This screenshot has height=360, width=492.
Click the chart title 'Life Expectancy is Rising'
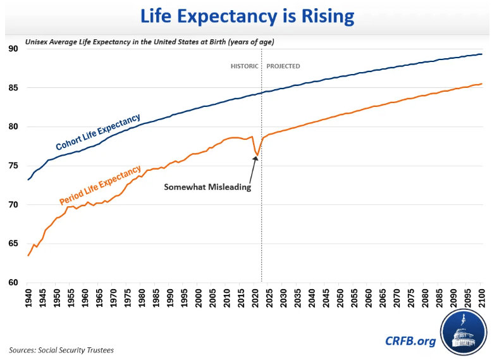click(x=247, y=16)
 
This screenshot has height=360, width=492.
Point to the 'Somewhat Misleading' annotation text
click(x=207, y=187)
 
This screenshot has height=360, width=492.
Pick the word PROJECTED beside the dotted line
click(x=283, y=66)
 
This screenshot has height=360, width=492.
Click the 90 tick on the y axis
click(x=13, y=49)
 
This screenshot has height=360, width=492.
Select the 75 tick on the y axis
click(x=13, y=166)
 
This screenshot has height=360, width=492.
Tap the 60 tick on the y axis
click(x=13, y=282)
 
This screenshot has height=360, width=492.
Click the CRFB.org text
click(x=410, y=341)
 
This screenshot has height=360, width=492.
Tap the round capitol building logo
click(x=464, y=333)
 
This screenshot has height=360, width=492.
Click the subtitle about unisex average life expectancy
click(x=154, y=42)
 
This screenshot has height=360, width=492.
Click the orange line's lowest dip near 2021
click(x=257, y=155)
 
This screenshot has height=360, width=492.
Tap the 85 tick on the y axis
click(x=13, y=88)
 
